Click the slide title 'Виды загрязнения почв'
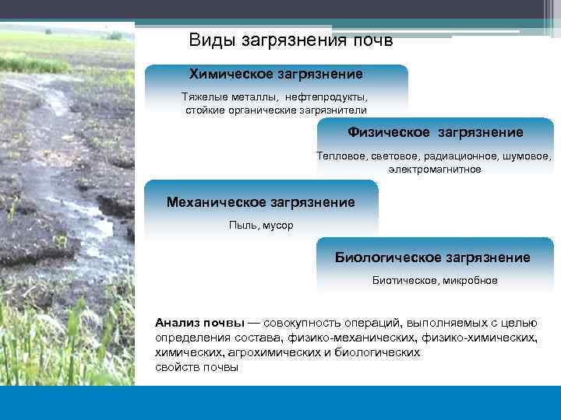291,39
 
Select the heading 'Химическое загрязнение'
276,74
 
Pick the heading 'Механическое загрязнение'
260,202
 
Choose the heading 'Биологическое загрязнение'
432,257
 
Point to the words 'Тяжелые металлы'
222,98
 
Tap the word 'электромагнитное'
435,169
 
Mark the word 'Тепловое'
337,156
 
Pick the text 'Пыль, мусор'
261,225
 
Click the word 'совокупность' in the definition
299,323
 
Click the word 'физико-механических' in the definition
352,338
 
